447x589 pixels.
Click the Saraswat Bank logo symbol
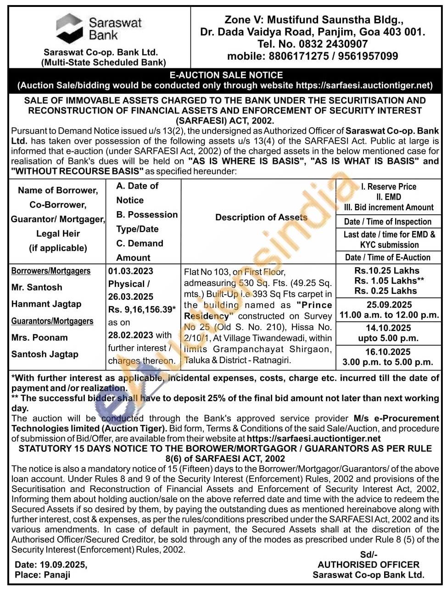(69, 28)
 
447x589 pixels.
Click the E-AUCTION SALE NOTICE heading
(226, 75)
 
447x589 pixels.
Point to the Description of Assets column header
(261, 217)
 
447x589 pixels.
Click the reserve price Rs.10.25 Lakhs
(387, 271)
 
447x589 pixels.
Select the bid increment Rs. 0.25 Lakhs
(386, 291)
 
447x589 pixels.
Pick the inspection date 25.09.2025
(389, 305)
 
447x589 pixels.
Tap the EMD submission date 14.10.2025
(388, 328)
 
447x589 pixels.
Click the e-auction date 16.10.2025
(388, 352)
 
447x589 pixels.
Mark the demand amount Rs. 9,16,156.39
(142, 310)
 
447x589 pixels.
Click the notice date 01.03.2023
(131, 271)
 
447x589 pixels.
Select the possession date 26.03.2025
(131, 297)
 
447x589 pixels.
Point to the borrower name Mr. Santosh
(37, 287)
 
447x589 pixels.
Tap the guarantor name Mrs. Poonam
(39, 337)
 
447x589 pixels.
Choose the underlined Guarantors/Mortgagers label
(52, 321)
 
